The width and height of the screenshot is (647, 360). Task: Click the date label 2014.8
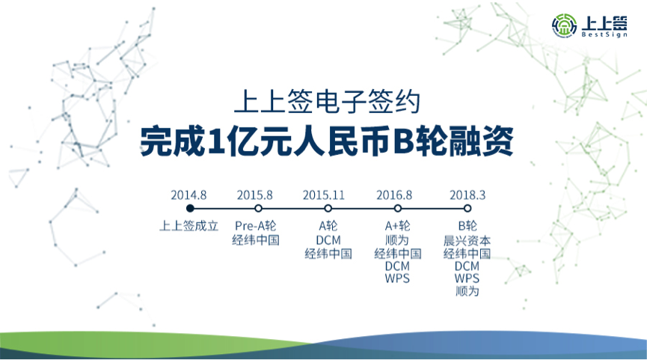[190, 194]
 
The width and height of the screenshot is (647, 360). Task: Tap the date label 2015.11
[324, 194]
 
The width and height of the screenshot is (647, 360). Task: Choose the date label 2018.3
[467, 194]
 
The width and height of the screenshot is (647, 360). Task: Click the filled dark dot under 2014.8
[190, 208]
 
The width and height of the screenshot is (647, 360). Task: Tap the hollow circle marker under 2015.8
[258, 208]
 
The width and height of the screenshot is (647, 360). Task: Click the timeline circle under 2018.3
[467, 208]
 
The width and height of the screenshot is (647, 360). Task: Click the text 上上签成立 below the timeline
[190, 225]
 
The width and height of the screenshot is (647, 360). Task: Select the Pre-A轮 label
[255, 225]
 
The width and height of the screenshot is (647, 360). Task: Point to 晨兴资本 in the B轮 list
[467, 241]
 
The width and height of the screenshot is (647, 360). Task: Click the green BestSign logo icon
[562, 27]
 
